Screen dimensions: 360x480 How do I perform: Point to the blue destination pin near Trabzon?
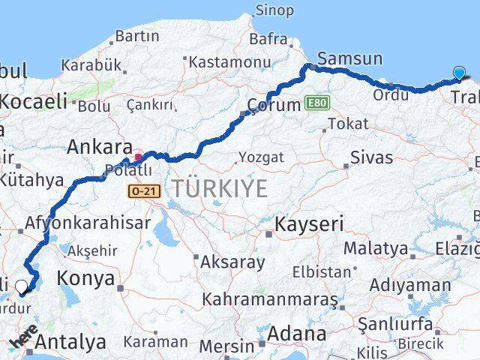(459, 73)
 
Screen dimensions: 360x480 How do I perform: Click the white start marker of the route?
(22, 286)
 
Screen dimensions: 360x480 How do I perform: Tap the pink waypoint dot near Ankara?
(138, 158)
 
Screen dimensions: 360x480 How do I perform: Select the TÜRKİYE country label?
(219, 189)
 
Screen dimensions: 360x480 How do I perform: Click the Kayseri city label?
(309, 223)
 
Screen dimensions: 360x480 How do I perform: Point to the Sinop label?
(274, 10)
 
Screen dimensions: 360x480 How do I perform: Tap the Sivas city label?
(371, 158)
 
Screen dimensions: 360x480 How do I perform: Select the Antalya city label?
(70, 343)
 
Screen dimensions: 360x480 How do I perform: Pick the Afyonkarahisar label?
(88, 223)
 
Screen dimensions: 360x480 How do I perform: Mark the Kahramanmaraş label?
(269, 299)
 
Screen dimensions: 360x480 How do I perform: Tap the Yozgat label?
(261, 157)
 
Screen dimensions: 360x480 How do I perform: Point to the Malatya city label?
(376, 248)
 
